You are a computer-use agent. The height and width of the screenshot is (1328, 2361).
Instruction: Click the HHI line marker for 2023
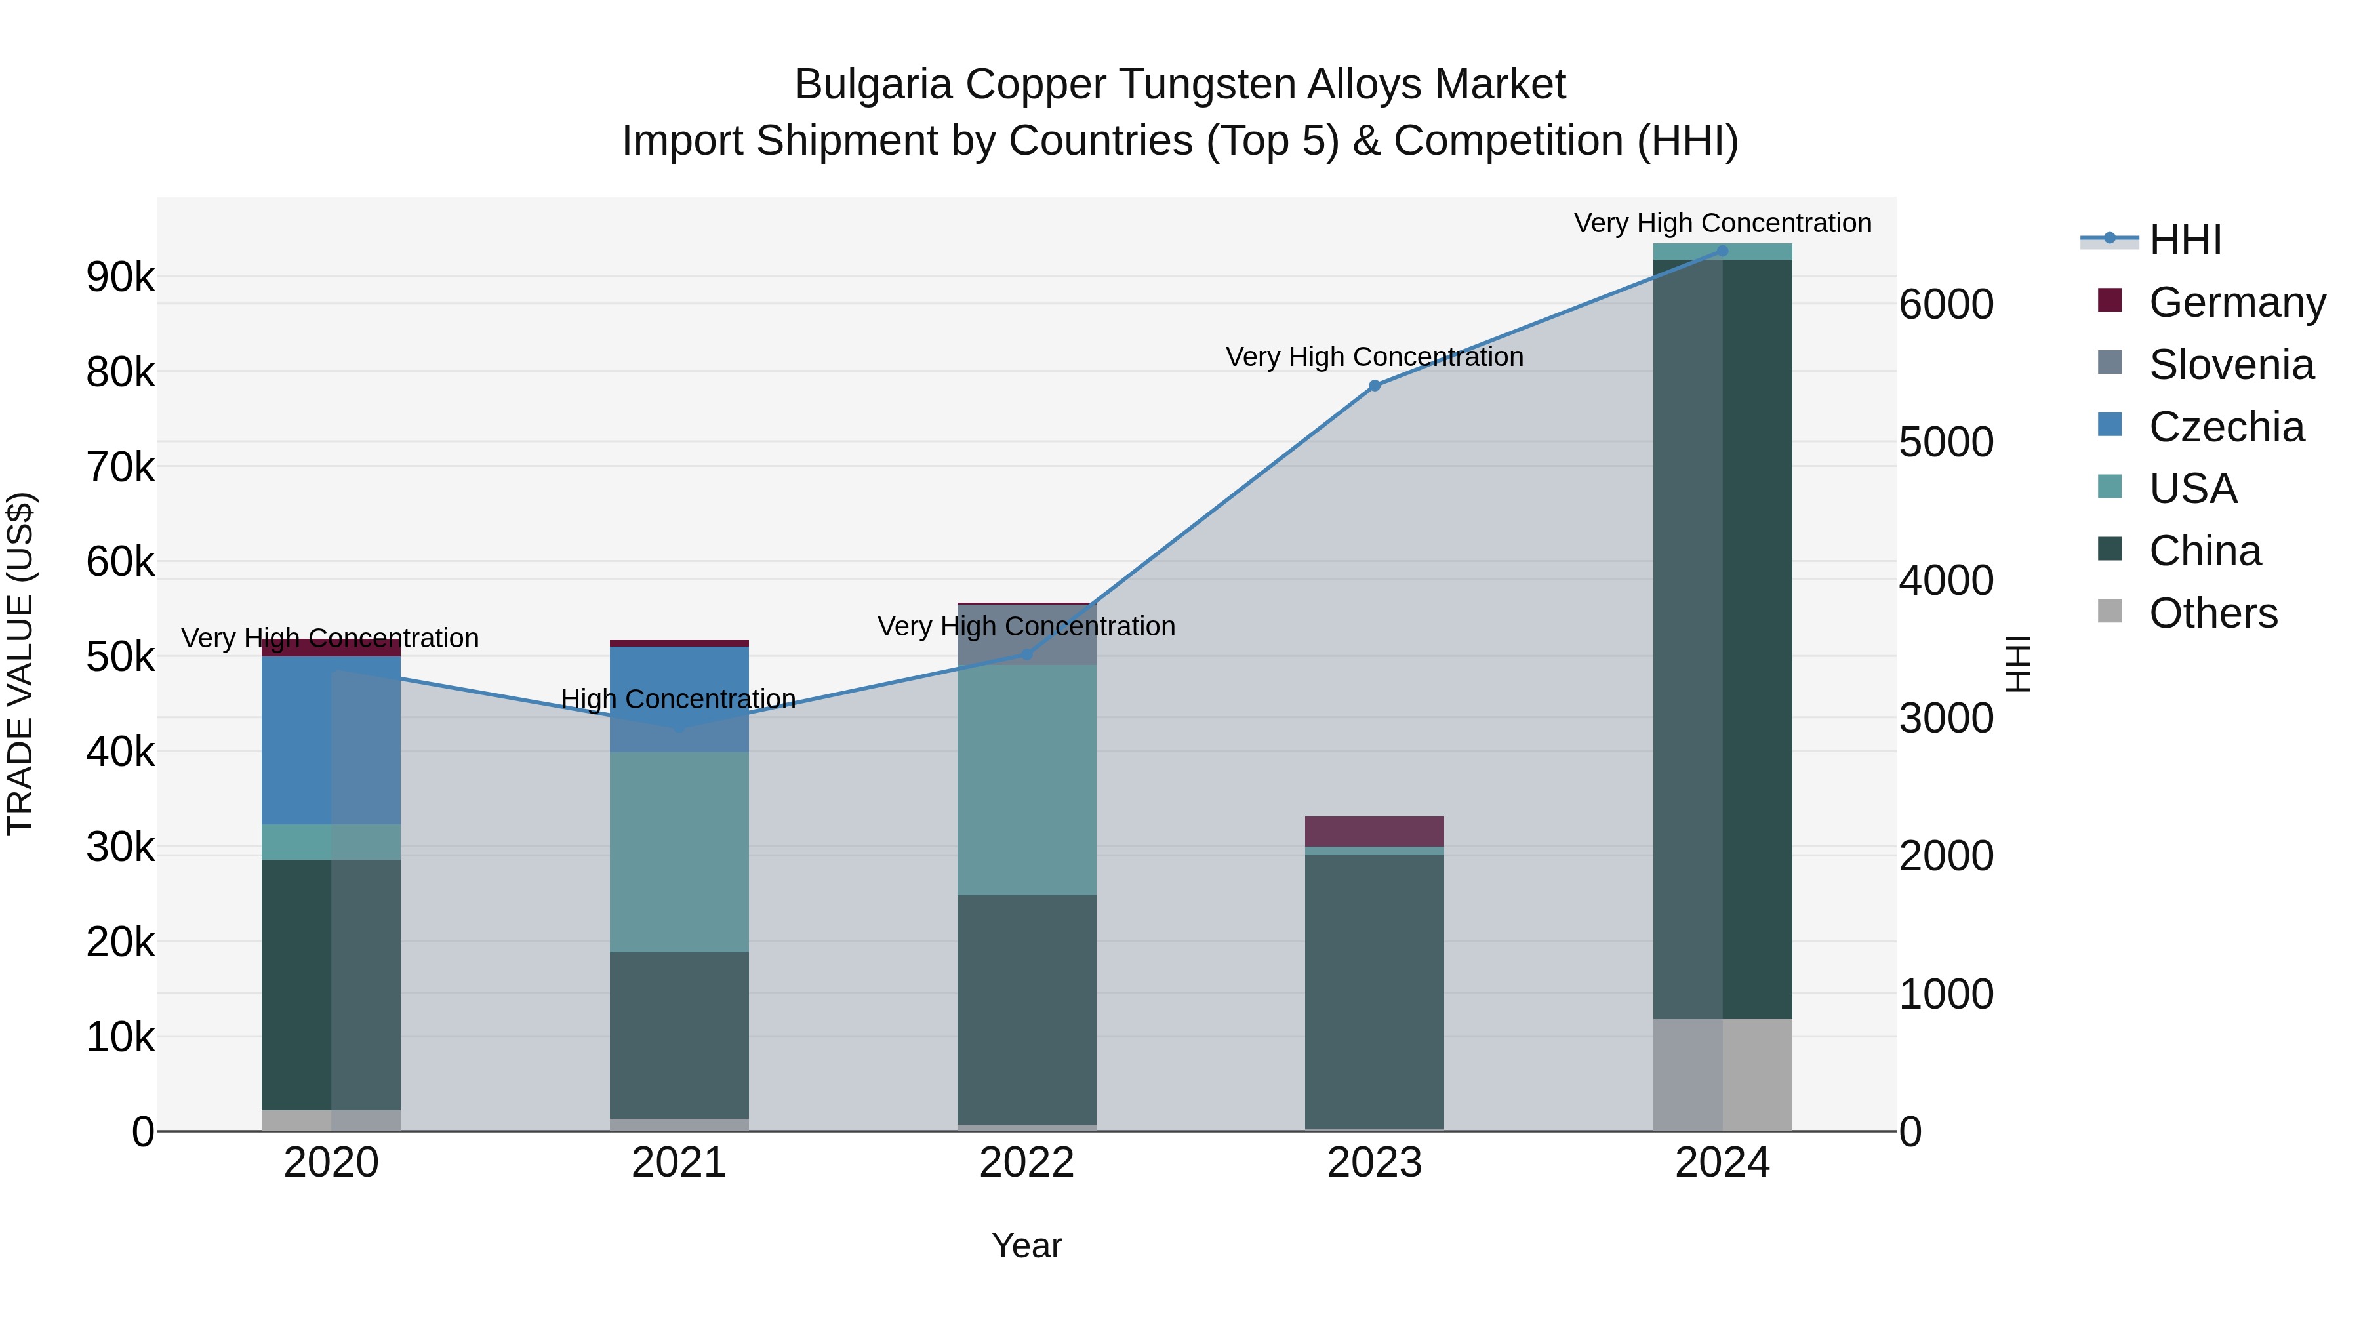tap(1374, 386)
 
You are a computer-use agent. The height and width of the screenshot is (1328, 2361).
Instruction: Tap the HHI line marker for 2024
tap(1722, 251)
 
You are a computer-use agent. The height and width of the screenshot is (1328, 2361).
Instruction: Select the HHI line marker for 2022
tap(1026, 653)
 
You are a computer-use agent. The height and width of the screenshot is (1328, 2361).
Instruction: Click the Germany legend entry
tap(2236, 302)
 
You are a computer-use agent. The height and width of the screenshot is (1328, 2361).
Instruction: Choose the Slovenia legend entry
tap(2231, 365)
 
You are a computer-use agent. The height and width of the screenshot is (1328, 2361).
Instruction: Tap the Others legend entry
tap(2213, 613)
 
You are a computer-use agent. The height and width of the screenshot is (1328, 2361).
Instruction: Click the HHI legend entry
tap(2185, 240)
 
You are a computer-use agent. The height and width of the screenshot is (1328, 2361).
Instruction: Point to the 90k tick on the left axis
tap(120, 277)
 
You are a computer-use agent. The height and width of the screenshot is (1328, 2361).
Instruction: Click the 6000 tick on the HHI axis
tap(1946, 304)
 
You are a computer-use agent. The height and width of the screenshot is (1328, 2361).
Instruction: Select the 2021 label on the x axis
tap(679, 1163)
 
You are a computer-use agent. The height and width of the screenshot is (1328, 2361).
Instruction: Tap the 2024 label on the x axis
tap(1722, 1163)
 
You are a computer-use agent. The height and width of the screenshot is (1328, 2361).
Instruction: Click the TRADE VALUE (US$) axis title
tap(20, 664)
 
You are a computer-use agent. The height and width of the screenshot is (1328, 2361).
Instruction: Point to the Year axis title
tap(1026, 1245)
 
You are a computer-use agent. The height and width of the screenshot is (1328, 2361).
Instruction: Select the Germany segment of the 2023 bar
tap(1374, 832)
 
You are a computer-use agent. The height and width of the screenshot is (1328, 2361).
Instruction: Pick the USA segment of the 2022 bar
tap(1026, 779)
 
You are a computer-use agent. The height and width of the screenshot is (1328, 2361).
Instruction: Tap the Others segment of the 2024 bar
tap(1722, 1074)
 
